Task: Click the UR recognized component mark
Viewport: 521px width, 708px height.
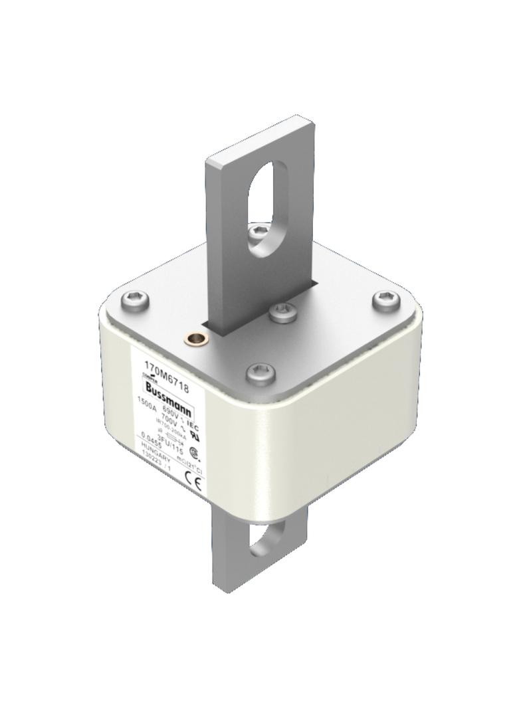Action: (x=195, y=435)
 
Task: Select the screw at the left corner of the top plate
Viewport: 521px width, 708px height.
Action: (x=136, y=304)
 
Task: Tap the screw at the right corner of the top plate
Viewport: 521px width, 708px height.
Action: (x=385, y=300)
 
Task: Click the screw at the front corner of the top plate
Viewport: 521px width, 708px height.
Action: (x=260, y=373)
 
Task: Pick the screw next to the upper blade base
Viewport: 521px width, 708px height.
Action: (x=284, y=311)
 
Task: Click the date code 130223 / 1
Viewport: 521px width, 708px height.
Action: (x=156, y=460)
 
